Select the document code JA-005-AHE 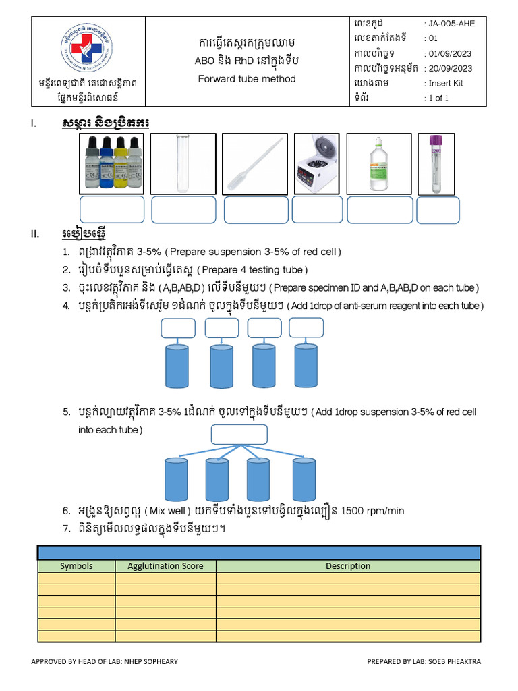(x=452, y=24)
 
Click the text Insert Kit (x=446, y=84)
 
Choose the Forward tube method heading (x=247, y=78)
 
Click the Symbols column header (x=76, y=566)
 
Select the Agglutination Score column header (x=165, y=566)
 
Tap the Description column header (x=348, y=566)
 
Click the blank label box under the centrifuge (x=317, y=210)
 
